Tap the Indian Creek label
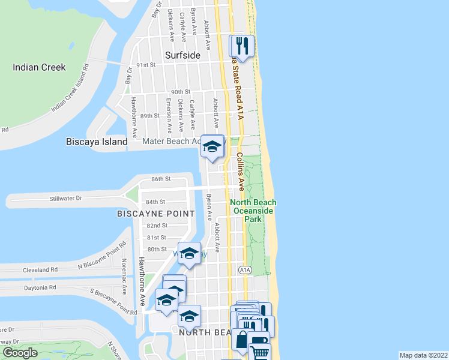[x=39, y=67]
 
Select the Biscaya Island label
[x=96, y=142]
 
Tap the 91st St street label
[x=146, y=65]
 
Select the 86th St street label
[x=161, y=179]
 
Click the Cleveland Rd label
[x=40, y=271]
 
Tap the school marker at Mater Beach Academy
[x=212, y=146]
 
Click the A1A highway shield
[x=244, y=270]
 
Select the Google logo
[x=20, y=353]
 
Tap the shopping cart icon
[x=259, y=352]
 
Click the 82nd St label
[x=157, y=226]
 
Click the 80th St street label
[x=157, y=249]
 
